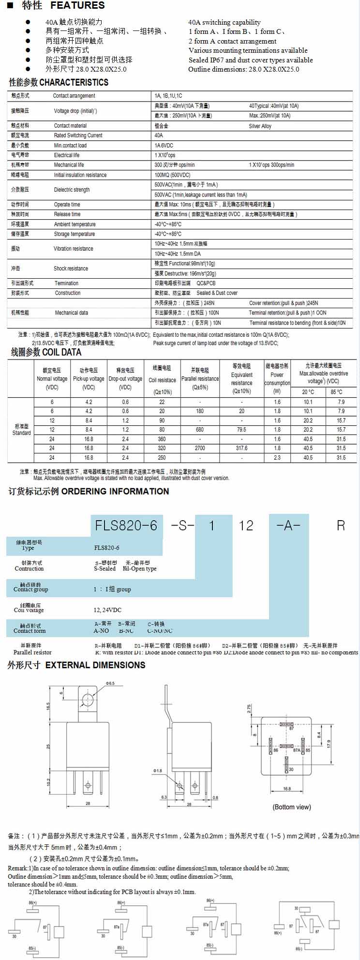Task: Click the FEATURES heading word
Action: [x=77, y=6]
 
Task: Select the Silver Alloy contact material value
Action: [x=260, y=126]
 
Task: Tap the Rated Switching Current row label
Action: [x=78, y=135]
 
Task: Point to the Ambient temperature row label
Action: [x=75, y=224]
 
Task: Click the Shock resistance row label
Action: [x=71, y=269]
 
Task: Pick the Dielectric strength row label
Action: [x=72, y=190]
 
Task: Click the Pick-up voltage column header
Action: [x=89, y=379]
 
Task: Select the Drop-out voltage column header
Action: [x=125, y=379]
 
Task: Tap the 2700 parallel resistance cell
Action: [x=200, y=448]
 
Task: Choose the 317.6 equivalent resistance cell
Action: [x=241, y=448]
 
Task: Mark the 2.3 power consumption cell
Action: [x=277, y=457]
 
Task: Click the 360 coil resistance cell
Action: [x=162, y=439]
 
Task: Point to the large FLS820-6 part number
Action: [x=126, y=525]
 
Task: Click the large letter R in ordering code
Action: [x=341, y=525]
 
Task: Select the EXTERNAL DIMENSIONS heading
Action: [x=95, y=665]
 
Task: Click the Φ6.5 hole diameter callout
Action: [x=110, y=683]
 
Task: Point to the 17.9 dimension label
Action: [x=329, y=743]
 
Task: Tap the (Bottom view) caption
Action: [x=292, y=807]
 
